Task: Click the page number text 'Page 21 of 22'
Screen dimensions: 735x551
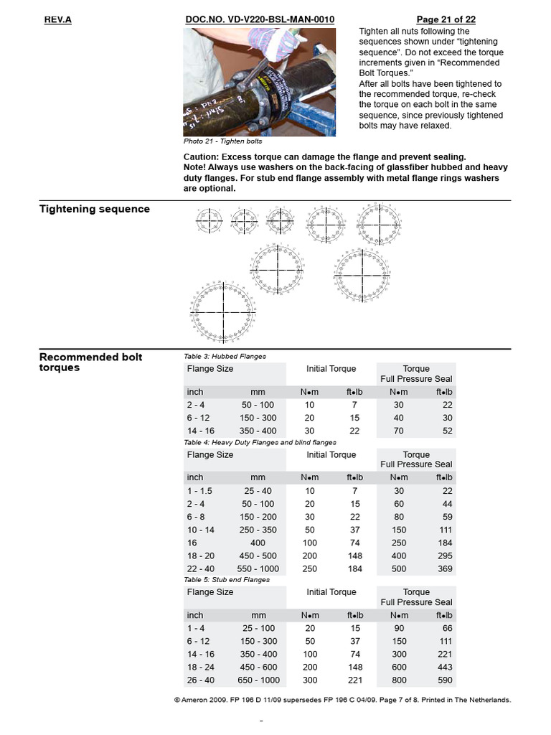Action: (x=446, y=19)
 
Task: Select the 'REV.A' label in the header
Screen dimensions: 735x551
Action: (x=58, y=19)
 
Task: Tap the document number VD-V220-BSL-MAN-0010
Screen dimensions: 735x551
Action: (x=260, y=19)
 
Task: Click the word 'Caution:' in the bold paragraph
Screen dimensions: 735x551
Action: (x=201, y=156)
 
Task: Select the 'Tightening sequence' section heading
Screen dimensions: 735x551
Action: (x=95, y=209)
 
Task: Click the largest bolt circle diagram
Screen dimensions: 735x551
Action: (x=223, y=313)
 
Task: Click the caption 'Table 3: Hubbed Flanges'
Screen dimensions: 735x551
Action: (x=225, y=356)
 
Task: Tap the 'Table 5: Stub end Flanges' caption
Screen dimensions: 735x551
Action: (x=227, y=579)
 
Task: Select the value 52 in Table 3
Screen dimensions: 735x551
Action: (x=447, y=431)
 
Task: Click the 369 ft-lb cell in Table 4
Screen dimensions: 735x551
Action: (x=444, y=569)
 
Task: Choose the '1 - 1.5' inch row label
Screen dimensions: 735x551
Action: (x=200, y=491)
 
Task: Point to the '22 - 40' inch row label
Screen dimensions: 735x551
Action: (x=201, y=569)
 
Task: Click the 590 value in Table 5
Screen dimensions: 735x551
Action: (x=444, y=680)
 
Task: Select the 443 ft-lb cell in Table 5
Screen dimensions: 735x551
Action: (x=444, y=667)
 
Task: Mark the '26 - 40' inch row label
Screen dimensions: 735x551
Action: (x=201, y=680)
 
